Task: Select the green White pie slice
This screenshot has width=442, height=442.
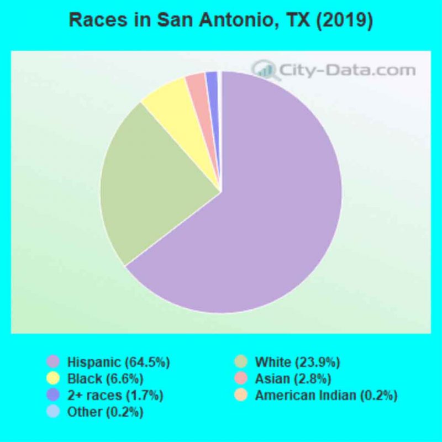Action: click(149, 182)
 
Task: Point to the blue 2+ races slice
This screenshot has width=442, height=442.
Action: click(212, 81)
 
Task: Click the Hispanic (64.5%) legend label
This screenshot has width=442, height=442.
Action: click(118, 362)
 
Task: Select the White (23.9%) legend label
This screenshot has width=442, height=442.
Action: click(297, 362)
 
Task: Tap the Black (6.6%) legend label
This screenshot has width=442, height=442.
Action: click(106, 379)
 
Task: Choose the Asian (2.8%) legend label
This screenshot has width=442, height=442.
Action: click(293, 379)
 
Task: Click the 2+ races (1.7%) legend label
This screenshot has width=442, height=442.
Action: click(115, 396)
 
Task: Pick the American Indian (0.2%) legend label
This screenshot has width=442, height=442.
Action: click(326, 396)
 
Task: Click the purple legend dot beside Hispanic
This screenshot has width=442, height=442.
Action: click(53, 362)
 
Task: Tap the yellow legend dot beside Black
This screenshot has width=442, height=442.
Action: click(53, 379)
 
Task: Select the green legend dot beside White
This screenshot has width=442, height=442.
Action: click(240, 362)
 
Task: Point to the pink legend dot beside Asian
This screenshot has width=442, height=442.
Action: click(240, 379)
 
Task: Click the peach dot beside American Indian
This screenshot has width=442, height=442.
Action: click(240, 396)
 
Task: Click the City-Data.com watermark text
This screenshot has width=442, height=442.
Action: click(348, 71)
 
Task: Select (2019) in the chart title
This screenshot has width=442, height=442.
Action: click(347, 20)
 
